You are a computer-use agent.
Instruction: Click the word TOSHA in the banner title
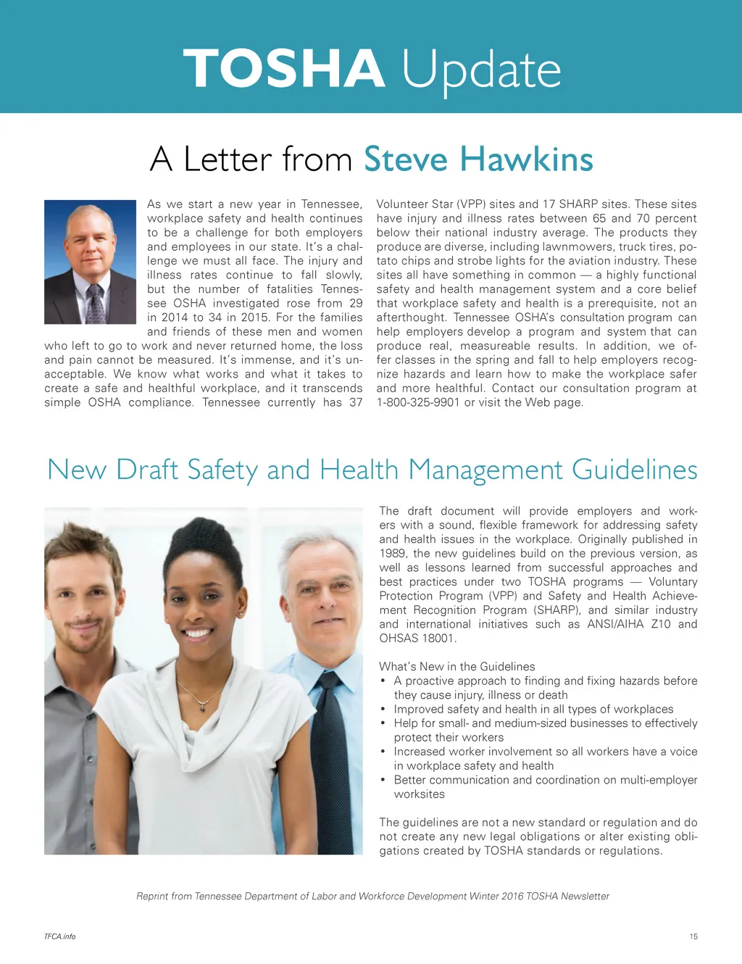[283, 69]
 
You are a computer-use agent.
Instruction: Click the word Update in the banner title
[481, 71]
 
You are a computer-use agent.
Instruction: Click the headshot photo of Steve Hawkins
[90, 262]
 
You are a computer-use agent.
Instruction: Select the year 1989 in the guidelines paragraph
[393, 553]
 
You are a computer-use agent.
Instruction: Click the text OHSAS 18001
[417, 638]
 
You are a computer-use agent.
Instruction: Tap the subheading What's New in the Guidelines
[457, 666]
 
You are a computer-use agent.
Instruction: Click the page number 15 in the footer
[693, 936]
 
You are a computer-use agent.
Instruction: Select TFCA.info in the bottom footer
[59, 936]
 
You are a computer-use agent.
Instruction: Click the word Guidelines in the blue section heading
[634, 470]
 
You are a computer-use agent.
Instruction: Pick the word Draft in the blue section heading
[147, 470]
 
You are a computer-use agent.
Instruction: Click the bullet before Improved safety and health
[383, 710]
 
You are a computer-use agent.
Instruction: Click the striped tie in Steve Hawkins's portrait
[95, 304]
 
